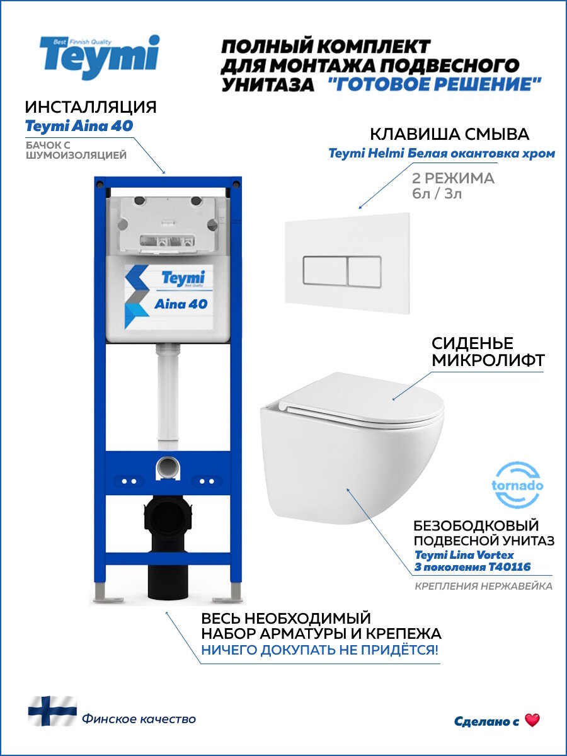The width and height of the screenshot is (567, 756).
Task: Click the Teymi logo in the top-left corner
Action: tap(100, 57)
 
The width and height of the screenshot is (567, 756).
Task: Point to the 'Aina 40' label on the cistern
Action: tap(181, 304)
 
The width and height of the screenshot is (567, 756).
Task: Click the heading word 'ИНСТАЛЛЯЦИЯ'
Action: tap(91, 106)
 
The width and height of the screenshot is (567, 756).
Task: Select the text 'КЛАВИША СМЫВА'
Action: tap(449, 134)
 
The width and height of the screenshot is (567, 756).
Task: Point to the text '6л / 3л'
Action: tap(435, 193)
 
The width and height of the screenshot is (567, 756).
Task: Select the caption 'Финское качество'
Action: tap(138, 719)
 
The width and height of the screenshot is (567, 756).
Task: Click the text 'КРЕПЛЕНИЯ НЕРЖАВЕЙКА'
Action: tap(483, 587)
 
